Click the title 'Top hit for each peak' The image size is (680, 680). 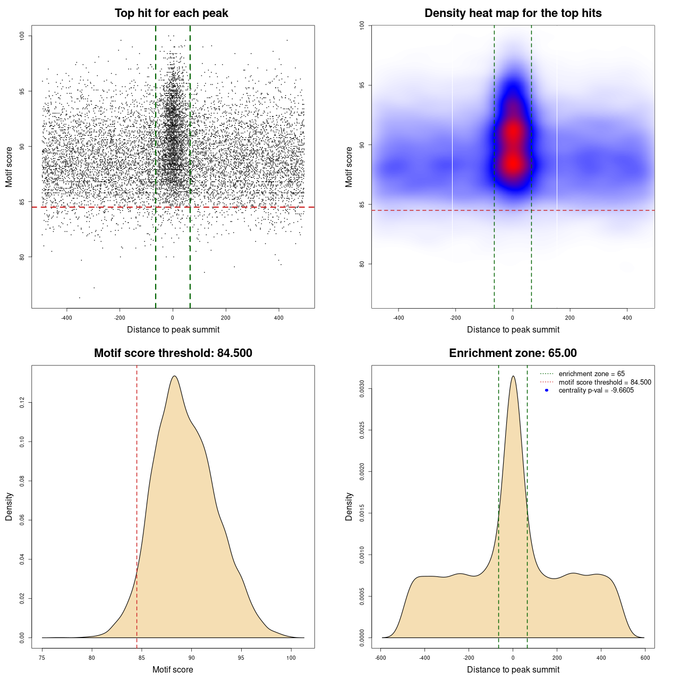click(171, 13)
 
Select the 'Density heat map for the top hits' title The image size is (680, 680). click(513, 13)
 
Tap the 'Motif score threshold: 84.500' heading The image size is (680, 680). click(173, 353)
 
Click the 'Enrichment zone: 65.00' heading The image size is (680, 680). click(513, 353)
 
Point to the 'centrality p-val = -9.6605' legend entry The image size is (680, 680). click(596, 390)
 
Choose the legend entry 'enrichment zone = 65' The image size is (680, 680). click(591, 374)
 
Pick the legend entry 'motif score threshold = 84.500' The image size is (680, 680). click(605, 382)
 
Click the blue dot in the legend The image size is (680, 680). click(547, 390)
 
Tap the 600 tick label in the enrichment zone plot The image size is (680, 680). click(645, 658)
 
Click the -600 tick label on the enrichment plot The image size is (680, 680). click(380, 658)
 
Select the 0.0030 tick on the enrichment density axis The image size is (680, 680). click(362, 389)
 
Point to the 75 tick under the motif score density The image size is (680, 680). click(42, 658)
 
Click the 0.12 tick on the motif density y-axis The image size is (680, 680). click(22, 403)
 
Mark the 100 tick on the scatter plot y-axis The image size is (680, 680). click(22, 36)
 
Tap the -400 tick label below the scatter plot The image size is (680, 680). click(66, 318)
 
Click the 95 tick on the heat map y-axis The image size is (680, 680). click(362, 85)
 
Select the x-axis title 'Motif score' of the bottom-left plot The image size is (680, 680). click(173, 669)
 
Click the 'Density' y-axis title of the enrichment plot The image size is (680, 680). click(349, 506)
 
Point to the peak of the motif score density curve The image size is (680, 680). click(174, 376)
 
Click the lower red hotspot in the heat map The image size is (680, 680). click(513, 164)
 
